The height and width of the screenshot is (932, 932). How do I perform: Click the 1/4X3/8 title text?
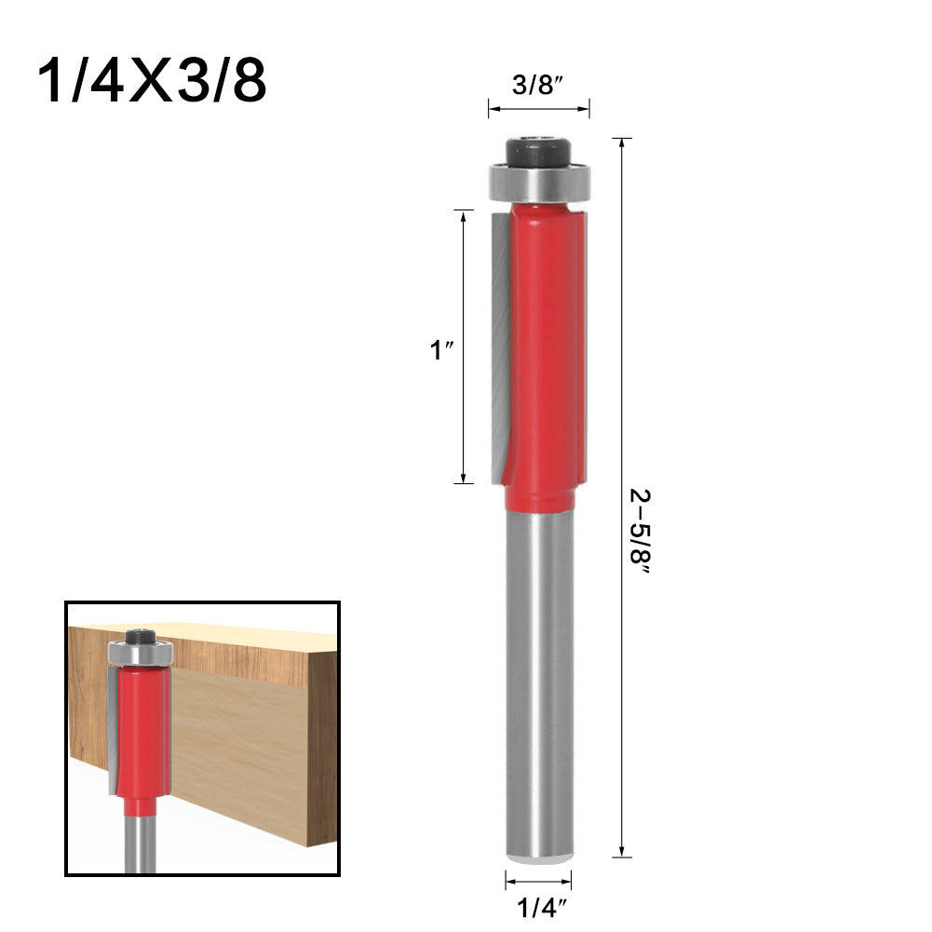pyautogui.click(x=152, y=83)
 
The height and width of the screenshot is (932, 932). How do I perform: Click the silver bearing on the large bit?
pyautogui.click(x=537, y=183)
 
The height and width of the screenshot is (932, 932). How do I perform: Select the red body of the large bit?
pyautogui.click(x=545, y=354)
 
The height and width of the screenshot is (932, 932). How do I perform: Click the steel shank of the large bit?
pyautogui.click(x=538, y=689)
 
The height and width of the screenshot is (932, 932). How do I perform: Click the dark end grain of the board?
pyautogui.click(x=322, y=745)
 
